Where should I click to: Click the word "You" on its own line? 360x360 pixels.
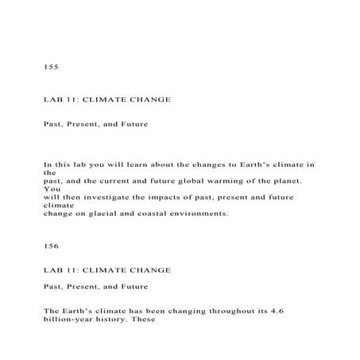[x=50, y=188]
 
